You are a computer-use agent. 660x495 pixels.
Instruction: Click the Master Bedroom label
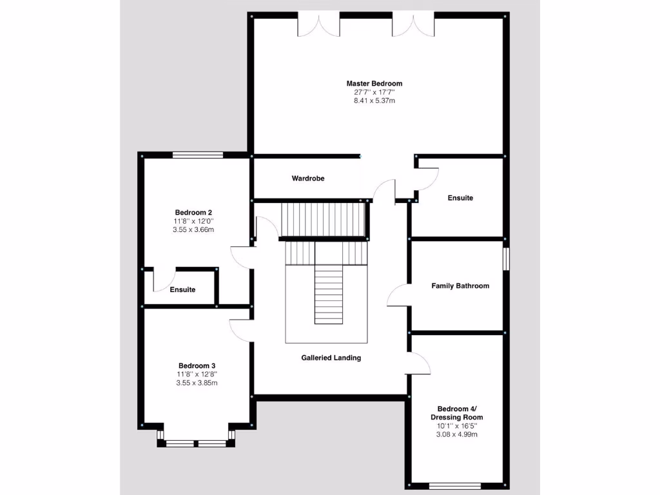coord(374,83)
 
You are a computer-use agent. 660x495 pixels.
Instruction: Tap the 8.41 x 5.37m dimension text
coord(374,101)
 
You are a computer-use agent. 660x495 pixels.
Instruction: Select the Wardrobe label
coord(307,178)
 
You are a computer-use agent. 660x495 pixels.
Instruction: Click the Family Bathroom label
coord(460,286)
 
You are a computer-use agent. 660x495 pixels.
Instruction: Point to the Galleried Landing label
coord(331,358)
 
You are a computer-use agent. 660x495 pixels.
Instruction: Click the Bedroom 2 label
coord(193,212)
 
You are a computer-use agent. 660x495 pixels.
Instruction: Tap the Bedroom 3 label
coord(197,366)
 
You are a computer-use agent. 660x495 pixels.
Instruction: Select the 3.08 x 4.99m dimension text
coord(456,434)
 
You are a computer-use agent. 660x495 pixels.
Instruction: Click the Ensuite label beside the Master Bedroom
coord(460,198)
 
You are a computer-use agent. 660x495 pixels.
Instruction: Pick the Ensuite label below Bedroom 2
coord(182,289)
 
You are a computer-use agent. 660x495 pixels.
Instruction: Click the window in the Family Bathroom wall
coord(506,260)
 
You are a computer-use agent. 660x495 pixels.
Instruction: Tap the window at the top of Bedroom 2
coord(197,155)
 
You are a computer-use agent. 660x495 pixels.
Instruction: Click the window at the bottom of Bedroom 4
coord(454,486)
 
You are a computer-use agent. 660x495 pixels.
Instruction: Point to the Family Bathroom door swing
coord(396,295)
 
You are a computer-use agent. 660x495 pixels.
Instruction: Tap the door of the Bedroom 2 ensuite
coord(162,281)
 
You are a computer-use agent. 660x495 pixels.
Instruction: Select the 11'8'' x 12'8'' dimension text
coord(197,374)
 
